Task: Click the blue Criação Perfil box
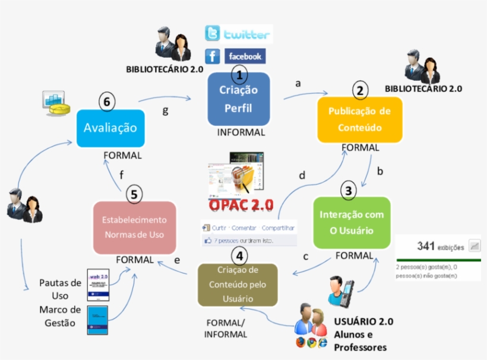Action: pos(239,99)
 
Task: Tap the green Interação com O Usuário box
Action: pos(352,222)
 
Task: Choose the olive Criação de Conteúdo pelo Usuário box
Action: pos(238,285)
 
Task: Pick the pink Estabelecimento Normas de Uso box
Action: pos(135,228)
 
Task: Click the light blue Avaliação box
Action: pos(110,128)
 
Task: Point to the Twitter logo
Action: pos(238,34)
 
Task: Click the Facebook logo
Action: pos(236,56)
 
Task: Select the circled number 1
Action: pos(239,75)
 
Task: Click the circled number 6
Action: pos(107,102)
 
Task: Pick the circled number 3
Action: pos(348,191)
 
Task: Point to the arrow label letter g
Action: pos(165,110)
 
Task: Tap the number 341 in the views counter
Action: pos(426,245)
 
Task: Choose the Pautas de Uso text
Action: pos(60,289)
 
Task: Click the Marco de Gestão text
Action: pos(60,316)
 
